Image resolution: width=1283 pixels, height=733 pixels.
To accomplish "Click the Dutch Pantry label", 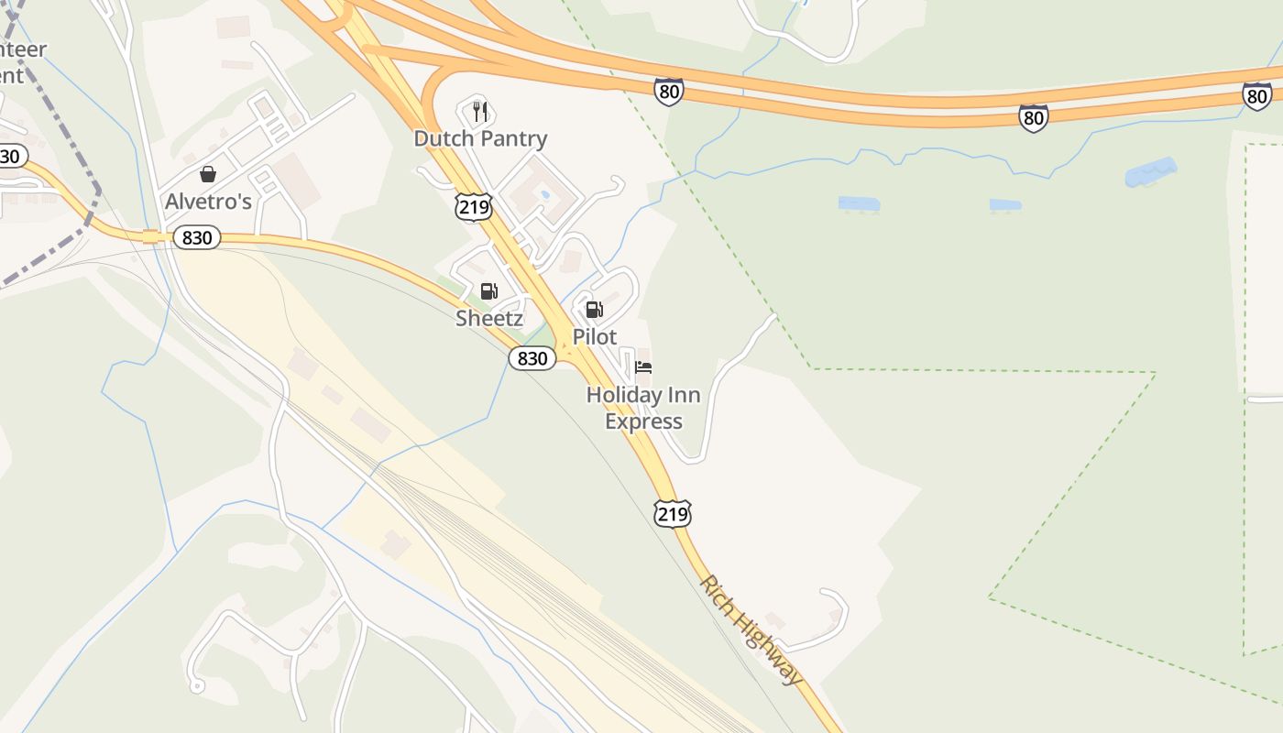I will (x=480, y=139).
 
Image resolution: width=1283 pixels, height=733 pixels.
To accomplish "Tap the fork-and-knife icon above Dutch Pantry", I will (x=478, y=113).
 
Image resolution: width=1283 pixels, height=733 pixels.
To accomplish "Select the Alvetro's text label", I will (x=208, y=202).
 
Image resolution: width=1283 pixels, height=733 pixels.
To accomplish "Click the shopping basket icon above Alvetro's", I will (x=208, y=174).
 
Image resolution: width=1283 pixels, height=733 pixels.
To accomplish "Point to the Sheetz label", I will (x=489, y=319).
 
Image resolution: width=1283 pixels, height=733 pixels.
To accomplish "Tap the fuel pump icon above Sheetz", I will (x=489, y=291).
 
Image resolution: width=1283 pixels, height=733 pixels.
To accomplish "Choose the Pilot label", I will (x=595, y=336).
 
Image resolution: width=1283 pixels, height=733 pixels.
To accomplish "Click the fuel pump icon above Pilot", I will (x=594, y=310).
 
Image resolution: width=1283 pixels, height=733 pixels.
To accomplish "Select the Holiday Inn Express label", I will (x=643, y=408).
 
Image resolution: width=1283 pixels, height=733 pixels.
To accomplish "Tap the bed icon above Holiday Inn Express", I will (x=643, y=368).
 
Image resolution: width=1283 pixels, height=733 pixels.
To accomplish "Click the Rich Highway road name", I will (x=751, y=629).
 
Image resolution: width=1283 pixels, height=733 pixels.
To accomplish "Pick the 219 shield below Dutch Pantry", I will (x=474, y=206).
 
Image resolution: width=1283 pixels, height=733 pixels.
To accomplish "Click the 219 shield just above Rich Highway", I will (x=672, y=513).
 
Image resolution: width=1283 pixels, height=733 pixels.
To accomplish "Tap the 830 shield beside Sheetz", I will (x=532, y=358).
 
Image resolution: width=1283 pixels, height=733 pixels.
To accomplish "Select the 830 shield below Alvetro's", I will (x=196, y=238).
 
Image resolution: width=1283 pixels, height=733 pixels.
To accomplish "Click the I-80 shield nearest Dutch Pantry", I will (x=669, y=92).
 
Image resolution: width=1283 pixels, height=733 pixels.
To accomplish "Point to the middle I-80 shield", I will (x=1033, y=117).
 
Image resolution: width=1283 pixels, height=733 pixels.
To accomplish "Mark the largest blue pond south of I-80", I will (x=1150, y=171).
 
